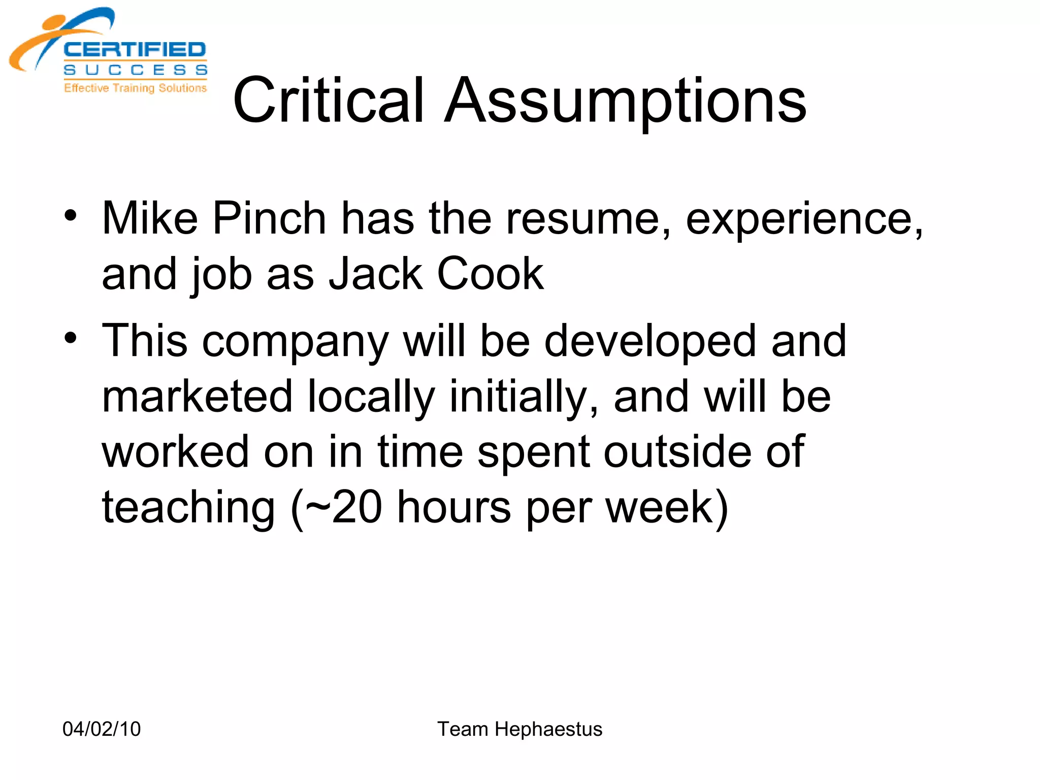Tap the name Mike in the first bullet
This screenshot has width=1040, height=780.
click(x=150, y=218)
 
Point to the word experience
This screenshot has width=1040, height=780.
click(x=804, y=219)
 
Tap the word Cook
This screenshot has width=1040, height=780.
click(x=490, y=274)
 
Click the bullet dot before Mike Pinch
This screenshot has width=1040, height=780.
click(x=71, y=215)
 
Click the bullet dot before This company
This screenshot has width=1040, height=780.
click(x=71, y=338)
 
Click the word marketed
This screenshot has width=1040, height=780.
click(x=198, y=397)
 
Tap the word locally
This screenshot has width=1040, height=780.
click(x=371, y=397)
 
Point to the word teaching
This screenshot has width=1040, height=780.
click(x=188, y=508)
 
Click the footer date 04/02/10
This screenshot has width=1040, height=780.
click(x=102, y=729)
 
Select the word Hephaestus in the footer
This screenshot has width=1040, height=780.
click(x=548, y=729)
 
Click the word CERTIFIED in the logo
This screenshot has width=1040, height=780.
click(x=135, y=50)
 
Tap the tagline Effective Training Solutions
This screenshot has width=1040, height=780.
click(x=135, y=88)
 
